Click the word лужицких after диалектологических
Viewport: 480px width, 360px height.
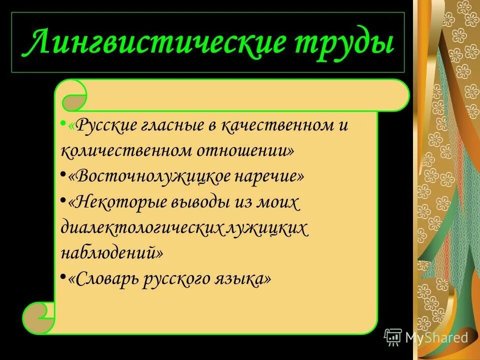tap(268, 228)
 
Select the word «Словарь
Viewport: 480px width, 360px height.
tap(102, 278)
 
